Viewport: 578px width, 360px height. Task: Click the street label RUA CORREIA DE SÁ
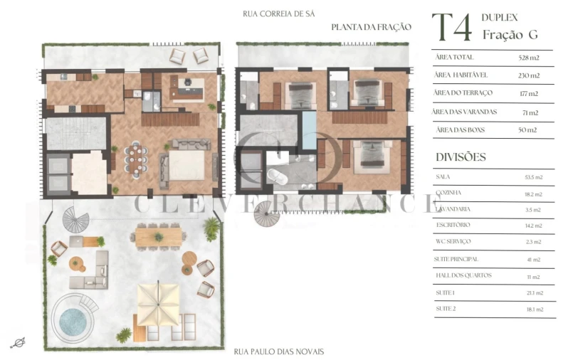(278, 14)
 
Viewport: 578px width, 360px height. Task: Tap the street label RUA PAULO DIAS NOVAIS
(278, 351)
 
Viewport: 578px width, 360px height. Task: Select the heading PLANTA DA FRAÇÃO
(371, 27)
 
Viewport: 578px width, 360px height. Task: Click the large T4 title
(452, 28)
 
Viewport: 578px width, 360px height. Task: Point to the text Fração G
(510, 35)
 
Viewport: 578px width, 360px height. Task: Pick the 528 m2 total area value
(529, 57)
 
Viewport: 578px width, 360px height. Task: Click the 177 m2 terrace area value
(529, 94)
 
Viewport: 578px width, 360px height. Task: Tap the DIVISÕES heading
(460, 157)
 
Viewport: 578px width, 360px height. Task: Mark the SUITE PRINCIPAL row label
(456, 259)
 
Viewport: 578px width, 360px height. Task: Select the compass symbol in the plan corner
(19, 343)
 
